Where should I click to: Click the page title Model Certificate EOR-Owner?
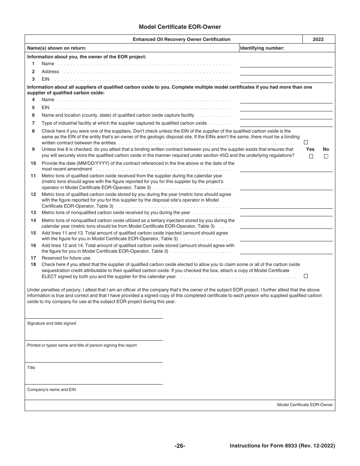pyautogui.click(x=180, y=27)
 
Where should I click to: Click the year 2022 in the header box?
pyautogui.click(x=318, y=39)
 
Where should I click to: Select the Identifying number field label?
pyautogui.click(x=262, y=48)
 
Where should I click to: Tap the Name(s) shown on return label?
pyautogui.click(x=56, y=48)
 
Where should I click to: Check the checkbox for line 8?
pyautogui.click(x=306, y=142)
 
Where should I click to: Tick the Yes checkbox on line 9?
pyautogui.click(x=311, y=156)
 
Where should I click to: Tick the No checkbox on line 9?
pyautogui.click(x=326, y=156)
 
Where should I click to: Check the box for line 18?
pyautogui.click(x=306, y=276)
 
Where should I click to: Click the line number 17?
pyautogui.click(x=33, y=258)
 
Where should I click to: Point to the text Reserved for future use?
pyautogui.click(x=66, y=258)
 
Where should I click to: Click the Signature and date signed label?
pyautogui.click(x=52, y=323)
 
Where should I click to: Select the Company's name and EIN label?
pyautogui.click(x=52, y=389)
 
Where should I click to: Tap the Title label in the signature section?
pyautogui.click(x=31, y=367)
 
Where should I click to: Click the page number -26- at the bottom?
pyautogui.click(x=180, y=446)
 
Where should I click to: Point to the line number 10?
pyautogui.click(x=33, y=163)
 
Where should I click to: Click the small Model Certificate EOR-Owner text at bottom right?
pyautogui.click(x=305, y=405)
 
